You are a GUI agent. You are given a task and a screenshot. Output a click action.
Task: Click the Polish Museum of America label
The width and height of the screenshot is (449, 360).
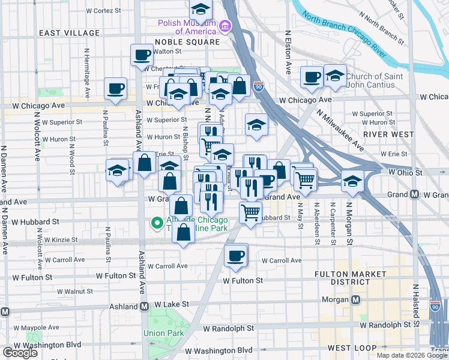186,27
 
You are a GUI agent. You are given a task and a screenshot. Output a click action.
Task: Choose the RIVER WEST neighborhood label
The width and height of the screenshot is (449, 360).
389,134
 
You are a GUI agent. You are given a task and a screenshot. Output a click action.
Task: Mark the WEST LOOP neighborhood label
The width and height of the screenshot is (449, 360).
352,348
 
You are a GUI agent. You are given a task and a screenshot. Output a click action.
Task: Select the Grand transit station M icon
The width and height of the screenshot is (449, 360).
414,194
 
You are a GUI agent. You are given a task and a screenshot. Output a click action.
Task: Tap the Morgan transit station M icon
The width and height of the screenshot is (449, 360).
356,299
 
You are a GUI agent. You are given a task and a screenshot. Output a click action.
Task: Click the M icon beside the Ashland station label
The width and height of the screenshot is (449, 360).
144,306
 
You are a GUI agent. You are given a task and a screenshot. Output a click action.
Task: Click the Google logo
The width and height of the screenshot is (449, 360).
20,353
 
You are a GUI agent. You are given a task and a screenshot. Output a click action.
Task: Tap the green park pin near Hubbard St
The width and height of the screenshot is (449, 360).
157,224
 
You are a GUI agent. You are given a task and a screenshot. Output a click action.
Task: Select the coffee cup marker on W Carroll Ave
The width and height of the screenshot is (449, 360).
236,255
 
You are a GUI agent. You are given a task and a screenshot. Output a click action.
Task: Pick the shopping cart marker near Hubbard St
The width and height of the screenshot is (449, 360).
250,212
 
